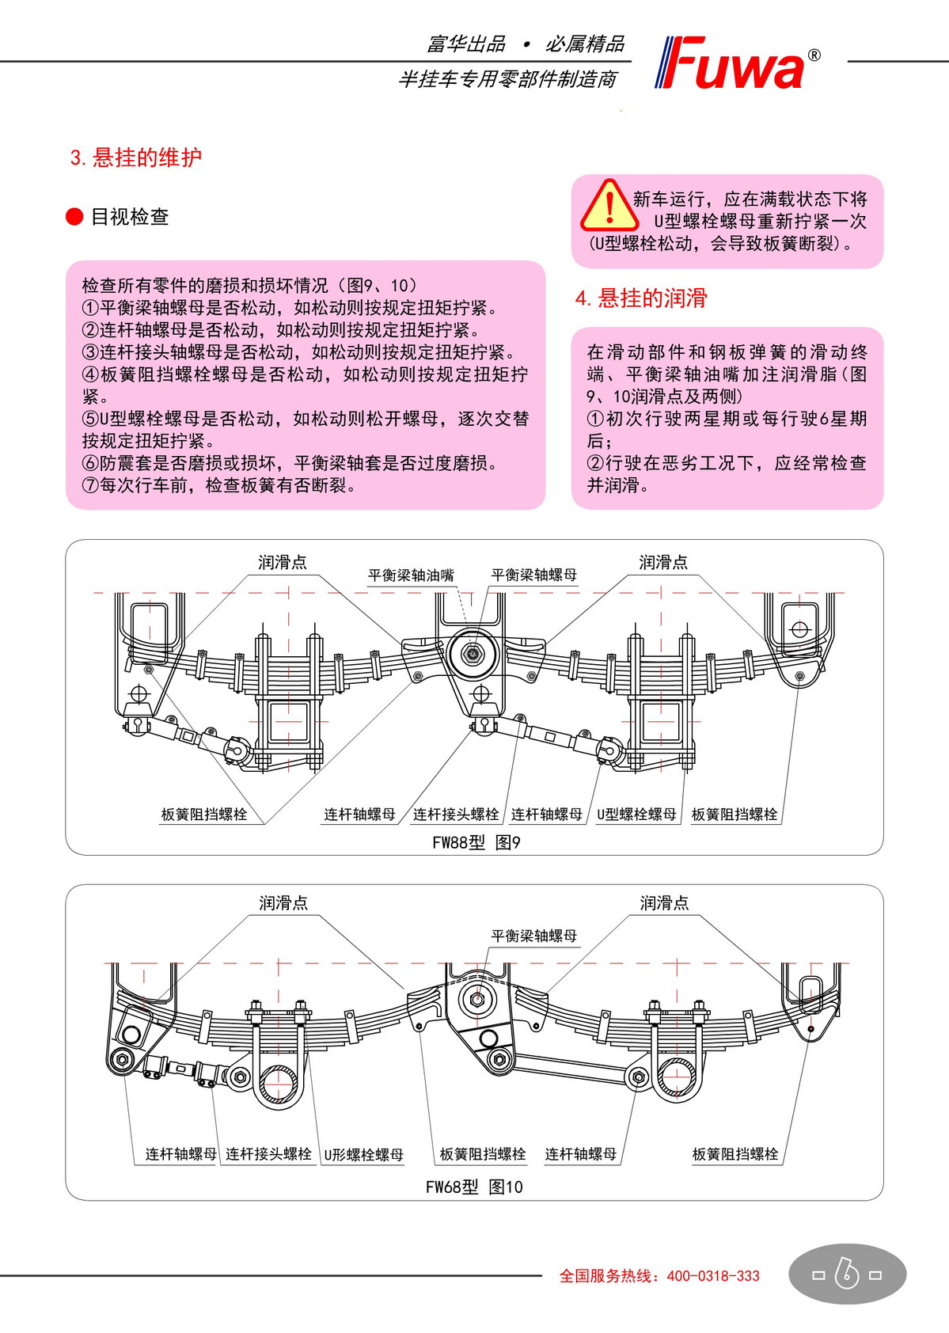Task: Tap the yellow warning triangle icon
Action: coord(609,206)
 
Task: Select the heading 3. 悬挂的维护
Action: coord(136,158)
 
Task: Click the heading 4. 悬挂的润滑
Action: coord(641,298)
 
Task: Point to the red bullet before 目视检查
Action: coord(74,217)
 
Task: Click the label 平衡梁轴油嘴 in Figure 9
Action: coord(411,575)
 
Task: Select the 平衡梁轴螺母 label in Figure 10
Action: coord(534,936)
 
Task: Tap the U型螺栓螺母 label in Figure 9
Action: coord(636,814)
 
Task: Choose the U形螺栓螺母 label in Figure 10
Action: coord(363,1154)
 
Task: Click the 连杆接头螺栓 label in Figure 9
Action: coord(456,814)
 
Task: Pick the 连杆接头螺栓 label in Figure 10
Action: coord(268,1154)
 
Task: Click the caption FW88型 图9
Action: coord(476,842)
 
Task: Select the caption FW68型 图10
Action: coord(474,1187)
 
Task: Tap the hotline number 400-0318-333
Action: coord(713,1275)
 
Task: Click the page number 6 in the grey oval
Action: coord(847,1274)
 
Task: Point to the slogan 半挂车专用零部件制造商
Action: coord(507,79)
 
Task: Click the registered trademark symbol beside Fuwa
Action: coord(814,55)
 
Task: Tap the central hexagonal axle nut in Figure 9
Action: coord(473,655)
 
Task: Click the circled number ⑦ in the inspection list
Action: coord(91,485)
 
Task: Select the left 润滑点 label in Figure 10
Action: coord(283,902)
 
